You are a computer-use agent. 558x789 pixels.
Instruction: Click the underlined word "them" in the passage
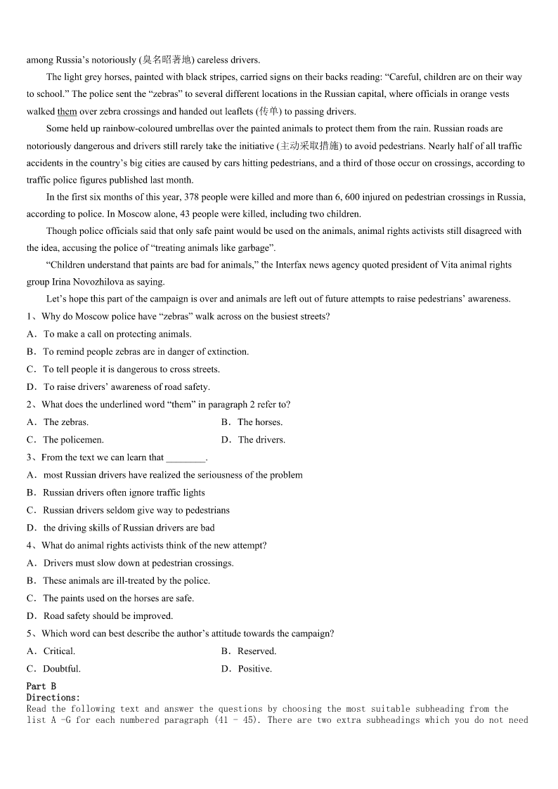[x=67, y=112]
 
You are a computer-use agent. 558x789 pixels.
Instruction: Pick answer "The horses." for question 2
[x=260, y=422]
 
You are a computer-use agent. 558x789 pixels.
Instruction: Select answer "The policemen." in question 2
[x=73, y=440]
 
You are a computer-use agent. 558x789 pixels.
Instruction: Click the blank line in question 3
[x=186, y=458]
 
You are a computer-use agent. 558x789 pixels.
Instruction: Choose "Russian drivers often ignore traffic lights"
[x=124, y=493]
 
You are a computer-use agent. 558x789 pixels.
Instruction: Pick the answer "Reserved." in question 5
[x=257, y=651]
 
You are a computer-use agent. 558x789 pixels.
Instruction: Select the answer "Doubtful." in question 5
[x=62, y=669]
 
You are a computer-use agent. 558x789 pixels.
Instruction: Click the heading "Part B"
[x=41, y=686]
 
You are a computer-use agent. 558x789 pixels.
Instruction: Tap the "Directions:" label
[x=53, y=698]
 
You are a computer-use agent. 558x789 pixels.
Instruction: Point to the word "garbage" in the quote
[x=252, y=248]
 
